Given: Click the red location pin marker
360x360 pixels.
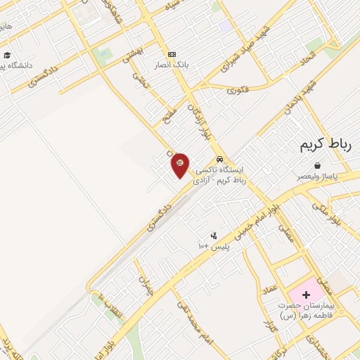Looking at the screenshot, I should click(x=180, y=165).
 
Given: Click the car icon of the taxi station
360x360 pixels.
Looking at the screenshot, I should click(x=221, y=159).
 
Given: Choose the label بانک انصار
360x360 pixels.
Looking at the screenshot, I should click(x=172, y=66).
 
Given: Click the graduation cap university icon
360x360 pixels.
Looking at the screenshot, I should click(x=7, y=55).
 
